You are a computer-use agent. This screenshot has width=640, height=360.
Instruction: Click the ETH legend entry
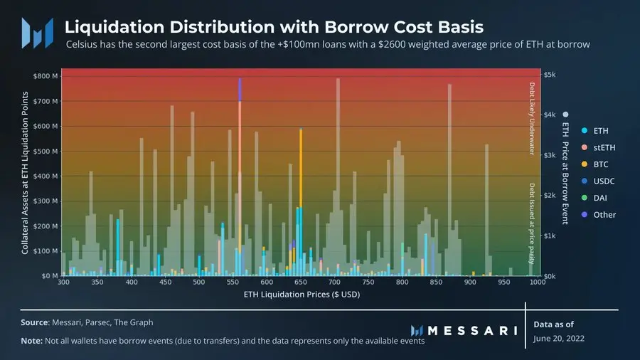click(599, 131)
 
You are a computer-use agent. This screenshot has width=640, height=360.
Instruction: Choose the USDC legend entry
click(603, 181)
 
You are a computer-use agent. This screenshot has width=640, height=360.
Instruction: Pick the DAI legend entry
click(599, 198)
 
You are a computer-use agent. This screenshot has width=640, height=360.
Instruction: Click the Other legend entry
click(604, 214)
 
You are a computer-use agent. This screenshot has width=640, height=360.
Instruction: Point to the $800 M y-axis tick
click(45, 75)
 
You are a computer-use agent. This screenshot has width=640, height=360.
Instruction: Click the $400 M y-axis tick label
click(45, 176)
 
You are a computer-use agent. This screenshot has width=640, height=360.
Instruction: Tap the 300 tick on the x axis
click(64, 283)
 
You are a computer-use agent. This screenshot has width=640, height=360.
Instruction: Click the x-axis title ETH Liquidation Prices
click(301, 295)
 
